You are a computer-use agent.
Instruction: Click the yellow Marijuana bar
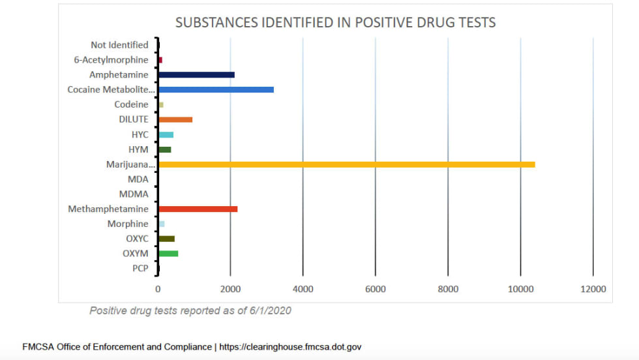346,164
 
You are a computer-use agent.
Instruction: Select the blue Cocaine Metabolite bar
216,89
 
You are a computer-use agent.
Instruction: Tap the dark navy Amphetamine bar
196,75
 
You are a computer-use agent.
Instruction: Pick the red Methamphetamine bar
198,209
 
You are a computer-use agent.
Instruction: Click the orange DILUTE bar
175,119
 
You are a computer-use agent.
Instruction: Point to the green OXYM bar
168,253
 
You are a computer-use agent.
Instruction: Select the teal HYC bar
166,134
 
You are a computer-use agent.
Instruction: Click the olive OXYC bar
166,239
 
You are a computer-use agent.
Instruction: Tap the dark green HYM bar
165,149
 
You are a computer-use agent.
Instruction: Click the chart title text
335,23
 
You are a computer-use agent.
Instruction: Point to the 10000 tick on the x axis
520,289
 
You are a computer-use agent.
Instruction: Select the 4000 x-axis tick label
303,289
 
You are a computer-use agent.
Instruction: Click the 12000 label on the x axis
592,289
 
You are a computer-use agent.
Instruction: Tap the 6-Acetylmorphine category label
111,60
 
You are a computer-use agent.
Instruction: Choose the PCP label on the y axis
140,268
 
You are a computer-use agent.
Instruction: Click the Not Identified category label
120,45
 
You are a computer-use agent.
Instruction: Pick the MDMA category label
134,194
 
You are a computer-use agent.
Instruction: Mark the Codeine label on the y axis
132,104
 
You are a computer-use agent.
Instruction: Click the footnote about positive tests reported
190,310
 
